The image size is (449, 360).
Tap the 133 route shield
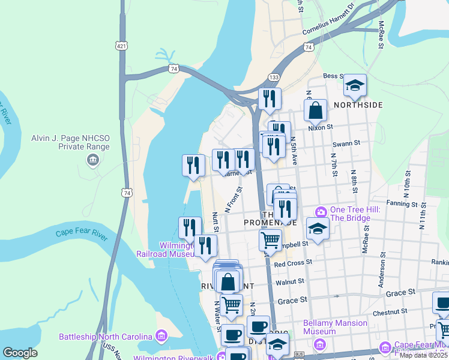[274, 77]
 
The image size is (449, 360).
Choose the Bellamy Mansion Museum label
[335, 327]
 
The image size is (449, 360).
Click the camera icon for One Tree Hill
[321, 211]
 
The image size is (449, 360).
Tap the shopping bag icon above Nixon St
[315, 110]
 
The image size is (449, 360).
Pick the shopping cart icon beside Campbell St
[271, 240]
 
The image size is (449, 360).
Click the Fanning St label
[402, 204]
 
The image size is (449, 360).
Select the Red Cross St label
[293, 262]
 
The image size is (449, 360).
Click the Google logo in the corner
[20, 353]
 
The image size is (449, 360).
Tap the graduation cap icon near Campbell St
[317, 228]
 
